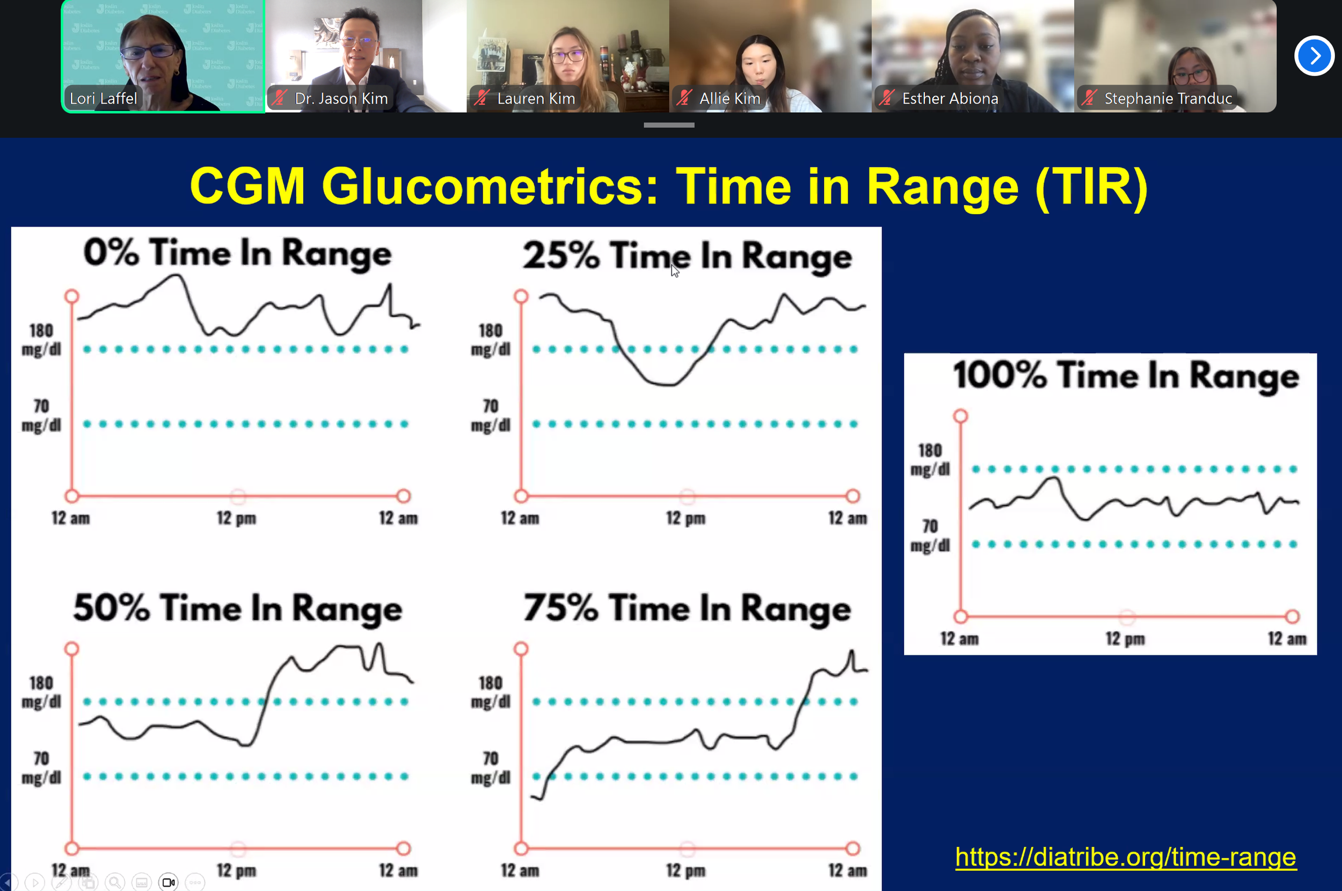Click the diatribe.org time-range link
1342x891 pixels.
tap(1125, 857)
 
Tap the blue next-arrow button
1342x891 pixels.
tap(1314, 56)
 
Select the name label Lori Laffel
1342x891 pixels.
tap(104, 98)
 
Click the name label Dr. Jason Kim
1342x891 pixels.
tap(341, 98)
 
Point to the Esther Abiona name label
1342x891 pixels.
tap(950, 98)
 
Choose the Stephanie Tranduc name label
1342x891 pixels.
tap(1168, 98)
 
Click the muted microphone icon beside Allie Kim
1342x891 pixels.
tap(684, 98)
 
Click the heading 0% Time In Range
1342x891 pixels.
tap(237, 253)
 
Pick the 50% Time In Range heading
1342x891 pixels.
tap(237, 609)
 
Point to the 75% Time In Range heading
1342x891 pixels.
tap(688, 609)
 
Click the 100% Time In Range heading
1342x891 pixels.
tap(1126, 376)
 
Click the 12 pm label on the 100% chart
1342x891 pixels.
tap(1125, 639)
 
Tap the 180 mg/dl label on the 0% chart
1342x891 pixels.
tap(41, 340)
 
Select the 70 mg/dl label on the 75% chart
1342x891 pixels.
tap(491, 768)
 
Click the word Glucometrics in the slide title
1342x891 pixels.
tap(490, 186)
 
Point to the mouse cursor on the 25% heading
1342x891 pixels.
tap(674, 271)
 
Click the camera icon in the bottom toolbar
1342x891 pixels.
tap(168, 882)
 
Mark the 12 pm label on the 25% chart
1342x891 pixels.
tap(686, 518)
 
